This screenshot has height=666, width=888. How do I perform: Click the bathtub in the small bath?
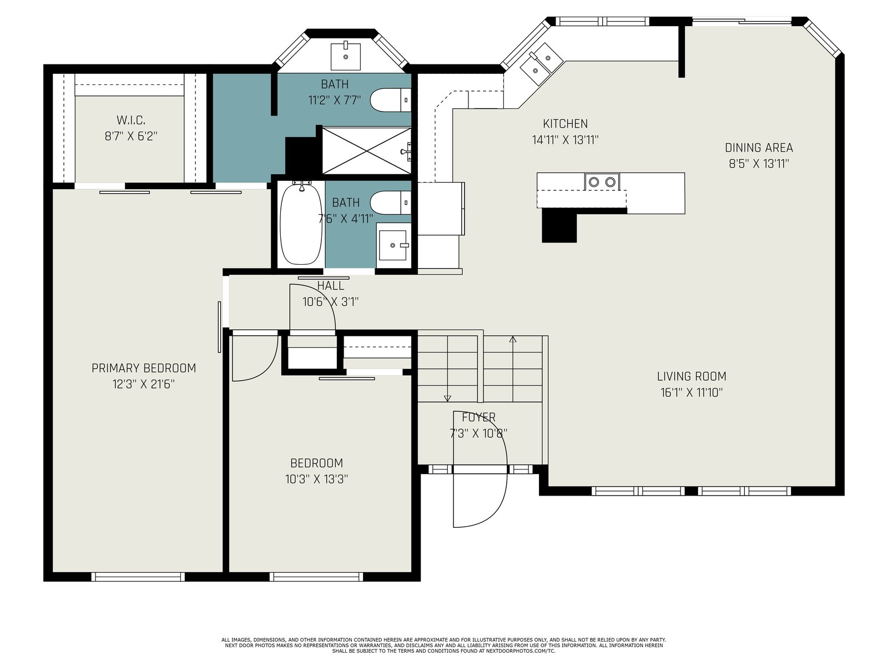tap(301, 223)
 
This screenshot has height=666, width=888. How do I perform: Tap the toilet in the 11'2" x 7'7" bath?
tap(390, 100)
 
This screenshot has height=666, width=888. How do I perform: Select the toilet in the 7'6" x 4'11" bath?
tap(390, 203)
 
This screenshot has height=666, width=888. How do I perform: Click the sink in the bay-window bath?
tap(346, 57)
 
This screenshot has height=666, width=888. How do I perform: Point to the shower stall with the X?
tap(366, 151)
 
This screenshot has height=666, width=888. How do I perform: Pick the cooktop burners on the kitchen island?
tap(602, 181)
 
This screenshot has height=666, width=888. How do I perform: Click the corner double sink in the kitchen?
tap(541, 64)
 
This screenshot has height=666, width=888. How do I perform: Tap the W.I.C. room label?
tap(130, 120)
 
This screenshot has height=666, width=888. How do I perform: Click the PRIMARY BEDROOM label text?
tap(144, 368)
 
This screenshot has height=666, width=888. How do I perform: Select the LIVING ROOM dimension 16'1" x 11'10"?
tap(692, 392)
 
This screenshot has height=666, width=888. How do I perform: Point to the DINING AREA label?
tap(759, 148)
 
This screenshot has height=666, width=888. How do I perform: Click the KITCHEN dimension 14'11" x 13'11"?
tap(565, 140)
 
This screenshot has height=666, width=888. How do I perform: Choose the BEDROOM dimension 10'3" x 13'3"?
tap(316, 479)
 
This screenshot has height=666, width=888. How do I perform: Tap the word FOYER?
tap(478, 417)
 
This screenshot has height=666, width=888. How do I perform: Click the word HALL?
tap(331, 285)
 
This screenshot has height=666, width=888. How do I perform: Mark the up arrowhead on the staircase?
tap(513, 339)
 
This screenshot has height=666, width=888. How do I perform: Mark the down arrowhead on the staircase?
tap(447, 398)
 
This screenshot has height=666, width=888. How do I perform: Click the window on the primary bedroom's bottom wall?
tap(138, 577)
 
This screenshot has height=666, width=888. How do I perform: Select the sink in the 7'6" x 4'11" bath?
tap(392, 245)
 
